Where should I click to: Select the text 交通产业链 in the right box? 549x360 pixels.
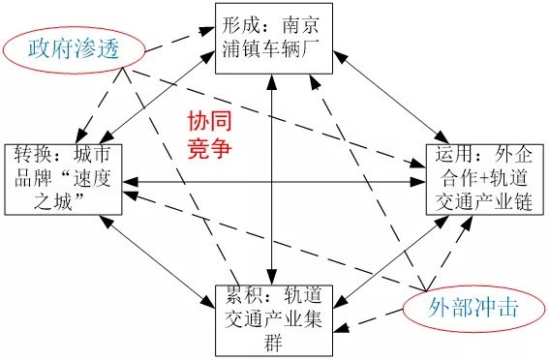[483, 203]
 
